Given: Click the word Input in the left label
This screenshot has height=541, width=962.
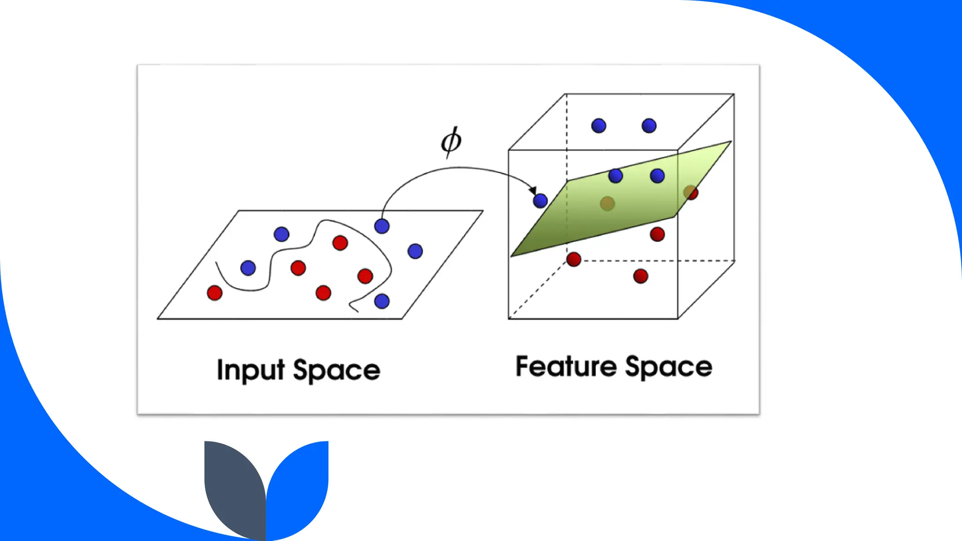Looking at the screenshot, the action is point(250,371).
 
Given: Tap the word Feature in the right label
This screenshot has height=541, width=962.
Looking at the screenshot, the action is point(566,366).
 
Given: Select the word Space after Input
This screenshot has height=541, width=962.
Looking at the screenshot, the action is point(336,371).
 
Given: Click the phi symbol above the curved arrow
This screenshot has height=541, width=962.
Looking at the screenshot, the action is point(451,141).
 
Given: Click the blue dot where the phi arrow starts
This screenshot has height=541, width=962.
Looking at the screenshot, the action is point(382,226).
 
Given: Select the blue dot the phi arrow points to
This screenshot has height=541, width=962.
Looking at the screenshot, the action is point(540,201).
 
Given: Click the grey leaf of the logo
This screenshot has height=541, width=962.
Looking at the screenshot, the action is point(233,484).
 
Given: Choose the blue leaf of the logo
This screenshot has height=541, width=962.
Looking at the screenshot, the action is point(301,484).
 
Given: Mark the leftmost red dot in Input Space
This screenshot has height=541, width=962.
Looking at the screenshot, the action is point(215,293).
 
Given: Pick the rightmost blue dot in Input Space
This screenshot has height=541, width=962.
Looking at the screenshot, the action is point(415,251).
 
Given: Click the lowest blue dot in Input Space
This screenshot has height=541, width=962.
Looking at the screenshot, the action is point(382,301).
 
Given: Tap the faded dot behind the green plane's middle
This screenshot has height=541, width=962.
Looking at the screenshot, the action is point(607,203).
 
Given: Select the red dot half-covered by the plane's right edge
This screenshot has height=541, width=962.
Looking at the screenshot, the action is point(690,193).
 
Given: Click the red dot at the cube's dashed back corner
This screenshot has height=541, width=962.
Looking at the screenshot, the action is point(574,259).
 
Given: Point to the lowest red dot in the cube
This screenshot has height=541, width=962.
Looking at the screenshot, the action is point(641,276).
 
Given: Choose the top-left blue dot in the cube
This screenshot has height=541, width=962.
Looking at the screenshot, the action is point(598,126).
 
